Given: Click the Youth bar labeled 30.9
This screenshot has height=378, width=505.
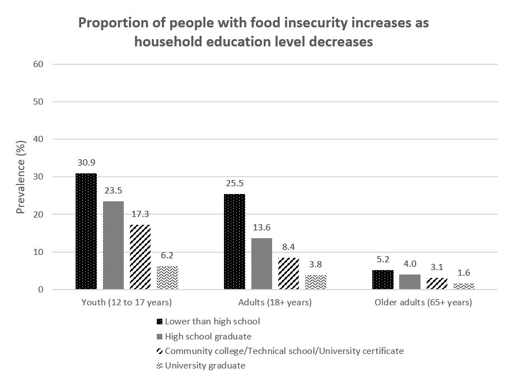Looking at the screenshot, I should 86,231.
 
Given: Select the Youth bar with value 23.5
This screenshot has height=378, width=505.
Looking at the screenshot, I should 113,245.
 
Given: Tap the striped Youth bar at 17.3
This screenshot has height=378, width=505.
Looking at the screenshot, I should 140,257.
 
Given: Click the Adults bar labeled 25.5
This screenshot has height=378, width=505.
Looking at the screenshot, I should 235,242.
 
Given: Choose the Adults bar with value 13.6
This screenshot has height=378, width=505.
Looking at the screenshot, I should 261,264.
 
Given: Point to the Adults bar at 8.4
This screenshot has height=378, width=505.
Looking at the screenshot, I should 288,273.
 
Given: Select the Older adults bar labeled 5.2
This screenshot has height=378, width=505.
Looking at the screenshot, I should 383,280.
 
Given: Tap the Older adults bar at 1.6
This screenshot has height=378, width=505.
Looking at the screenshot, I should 464,286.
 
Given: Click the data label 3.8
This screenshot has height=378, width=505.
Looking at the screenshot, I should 316,264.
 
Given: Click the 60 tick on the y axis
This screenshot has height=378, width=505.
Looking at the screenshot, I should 39,64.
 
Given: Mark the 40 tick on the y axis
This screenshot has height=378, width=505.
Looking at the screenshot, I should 39,139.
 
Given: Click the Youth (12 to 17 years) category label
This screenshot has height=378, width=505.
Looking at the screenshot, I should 127,303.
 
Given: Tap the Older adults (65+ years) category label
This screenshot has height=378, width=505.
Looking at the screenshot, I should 423,303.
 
